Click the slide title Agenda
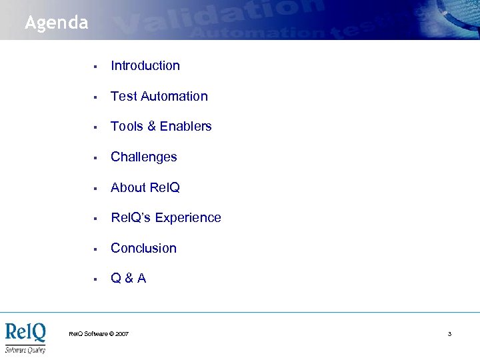(56, 23)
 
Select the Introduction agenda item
(145, 65)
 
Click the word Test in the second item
(123, 96)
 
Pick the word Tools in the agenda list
(125, 126)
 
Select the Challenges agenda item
(143, 157)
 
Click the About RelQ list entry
(145, 187)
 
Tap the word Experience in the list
(190, 217)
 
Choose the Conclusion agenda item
(143, 248)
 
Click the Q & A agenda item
(128, 278)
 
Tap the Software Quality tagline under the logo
(25, 349)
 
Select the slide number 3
(449, 333)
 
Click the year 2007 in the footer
(122, 333)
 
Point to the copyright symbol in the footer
(111, 333)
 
